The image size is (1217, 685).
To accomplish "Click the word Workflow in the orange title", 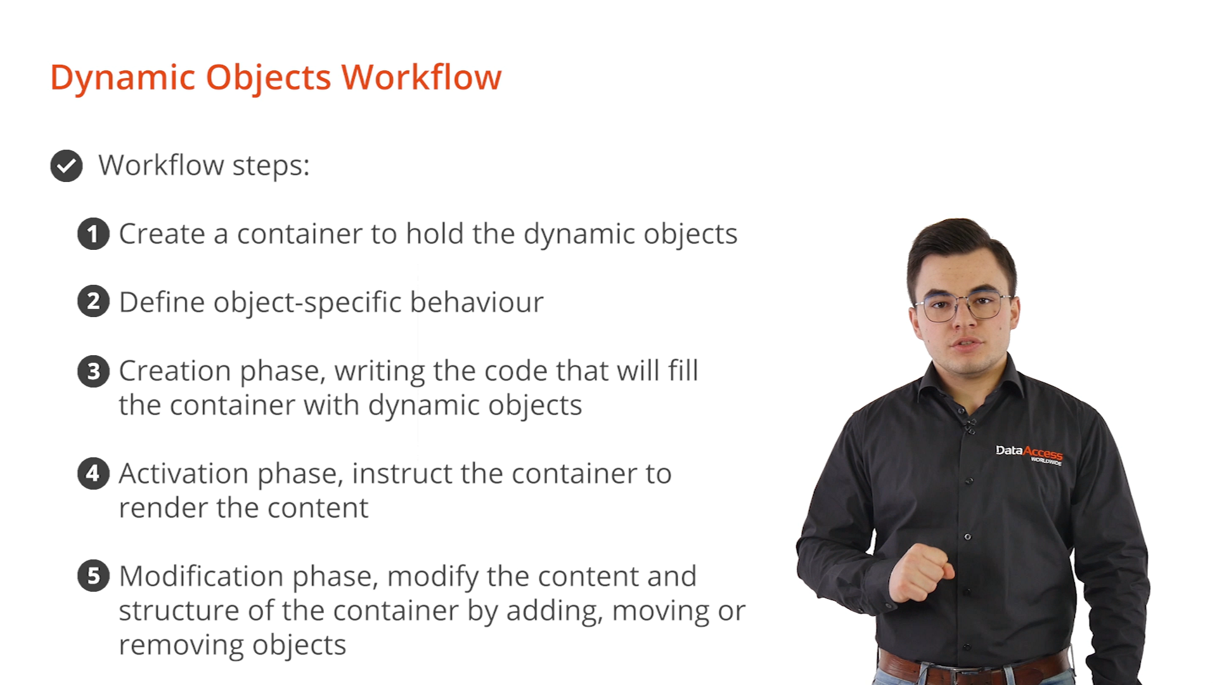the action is click(422, 77).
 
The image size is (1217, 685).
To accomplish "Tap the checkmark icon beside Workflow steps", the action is click(67, 166).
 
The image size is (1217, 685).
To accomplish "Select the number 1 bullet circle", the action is click(93, 234).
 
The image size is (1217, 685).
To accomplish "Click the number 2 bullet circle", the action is click(93, 301).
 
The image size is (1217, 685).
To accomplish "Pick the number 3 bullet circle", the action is click(93, 371).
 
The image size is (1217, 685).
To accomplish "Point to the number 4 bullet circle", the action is click(93, 474).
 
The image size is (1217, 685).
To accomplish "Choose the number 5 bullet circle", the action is click(93, 576).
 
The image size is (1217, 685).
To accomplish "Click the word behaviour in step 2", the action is click(477, 302).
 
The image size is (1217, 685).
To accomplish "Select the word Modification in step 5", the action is click(201, 577).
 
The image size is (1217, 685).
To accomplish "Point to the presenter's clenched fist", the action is click(920, 573).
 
